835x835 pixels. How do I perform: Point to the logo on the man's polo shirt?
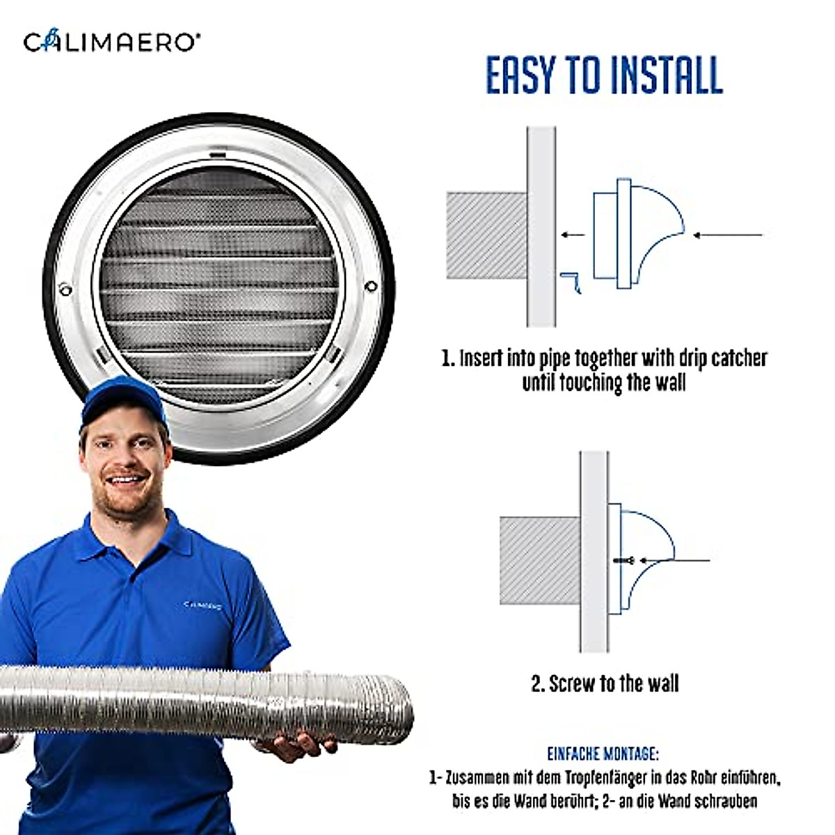point(202,605)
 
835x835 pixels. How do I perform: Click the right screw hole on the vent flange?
point(371,285)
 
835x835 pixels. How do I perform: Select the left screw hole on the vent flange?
point(65,287)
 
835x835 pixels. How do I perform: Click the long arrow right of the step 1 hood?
point(727,235)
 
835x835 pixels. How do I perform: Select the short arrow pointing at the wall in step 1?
point(573,234)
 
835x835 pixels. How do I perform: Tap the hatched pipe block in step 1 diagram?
point(486,235)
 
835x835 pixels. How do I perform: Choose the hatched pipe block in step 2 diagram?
point(539,560)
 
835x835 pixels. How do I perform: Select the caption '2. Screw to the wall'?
point(605,683)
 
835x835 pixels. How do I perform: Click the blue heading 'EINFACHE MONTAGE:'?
point(603,754)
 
